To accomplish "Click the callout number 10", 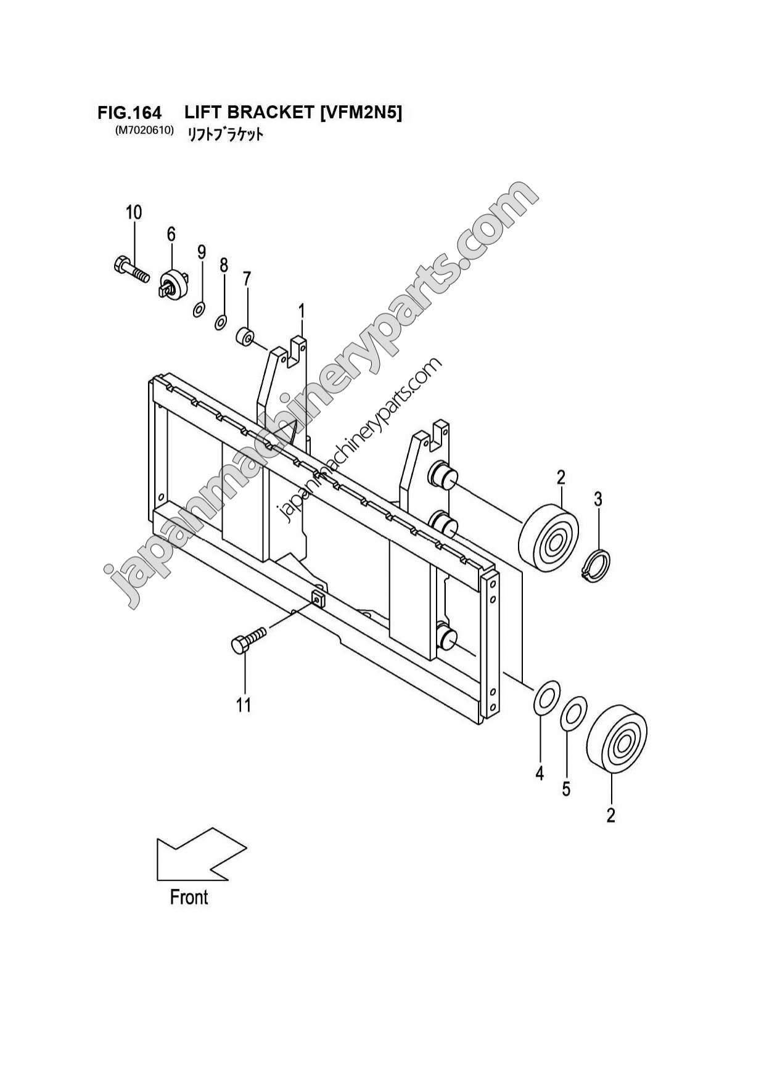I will pyautogui.click(x=134, y=213).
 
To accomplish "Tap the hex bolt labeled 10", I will pyautogui.click(x=131, y=269).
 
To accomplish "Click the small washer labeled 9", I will pyautogui.click(x=199, y=308).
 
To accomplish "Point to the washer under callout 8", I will pyautogui.click(x=221, y=321).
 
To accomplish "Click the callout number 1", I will pyautogui.click(x=302, y=312).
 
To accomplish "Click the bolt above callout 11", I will pyautogui.click(x=248, y=640).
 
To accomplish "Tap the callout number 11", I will pyautogui.click(x=244, y=705).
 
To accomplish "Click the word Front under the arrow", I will pyautogui.click(x=189, y=898).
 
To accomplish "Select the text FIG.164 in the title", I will pyautogui.click(x=129, y=113).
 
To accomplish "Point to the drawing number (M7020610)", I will pyautogui.click(x=144, y=131).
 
